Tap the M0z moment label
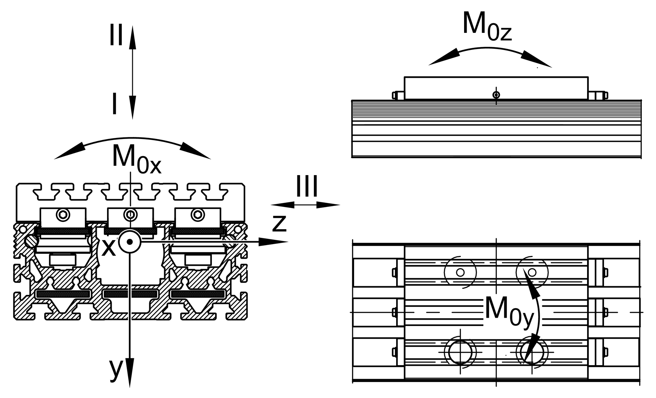click(487, 27)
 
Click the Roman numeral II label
click(116, 35)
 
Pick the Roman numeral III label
click(307, 186)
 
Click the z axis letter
click(279, 223)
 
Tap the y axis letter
click(116, 369)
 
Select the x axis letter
click(108, 247)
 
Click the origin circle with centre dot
click(130, 241)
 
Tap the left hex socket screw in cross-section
click(63, 215)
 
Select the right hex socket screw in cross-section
click(198, 215)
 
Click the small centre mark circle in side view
click(496, 95)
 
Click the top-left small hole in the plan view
click(460, 272)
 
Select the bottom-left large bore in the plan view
click(460, 352)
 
